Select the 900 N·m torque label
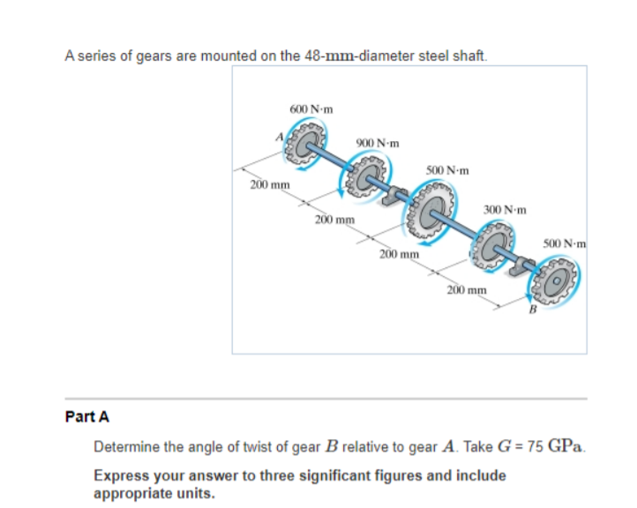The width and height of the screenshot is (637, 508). [378, 143]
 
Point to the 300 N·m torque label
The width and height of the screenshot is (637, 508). [506, 210]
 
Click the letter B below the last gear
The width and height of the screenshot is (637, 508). [532, 310]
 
